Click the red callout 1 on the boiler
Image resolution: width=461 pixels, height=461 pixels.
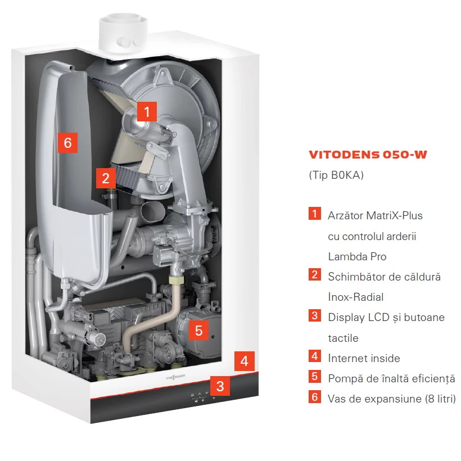(x=147, y=111)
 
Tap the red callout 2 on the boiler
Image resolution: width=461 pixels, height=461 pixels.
(x=106, y=178)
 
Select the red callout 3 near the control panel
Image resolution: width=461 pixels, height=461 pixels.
(x=220, y=386)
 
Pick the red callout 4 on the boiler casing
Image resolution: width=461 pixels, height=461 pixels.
(x=245, y=361)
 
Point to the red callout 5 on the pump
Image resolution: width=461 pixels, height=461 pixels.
(x=198, y=330)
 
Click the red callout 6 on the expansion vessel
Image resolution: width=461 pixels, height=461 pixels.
(x=67, y=143)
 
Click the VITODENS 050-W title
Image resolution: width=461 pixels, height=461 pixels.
(x=368, y=155)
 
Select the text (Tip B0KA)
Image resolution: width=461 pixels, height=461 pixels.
(x=336, y=175)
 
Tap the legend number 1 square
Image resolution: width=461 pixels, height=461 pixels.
(x=315, y=214)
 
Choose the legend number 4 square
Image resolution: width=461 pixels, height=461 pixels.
(x=315, y=356)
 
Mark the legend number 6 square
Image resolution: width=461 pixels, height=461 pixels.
(x=315, y=396)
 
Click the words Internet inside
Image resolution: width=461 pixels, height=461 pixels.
(x=364, y=358)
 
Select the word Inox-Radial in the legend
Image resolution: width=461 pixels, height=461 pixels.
(x=356, y=297)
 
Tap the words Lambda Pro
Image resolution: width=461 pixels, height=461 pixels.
(x=357, y=256)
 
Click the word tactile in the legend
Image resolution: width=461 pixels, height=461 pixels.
(x=343, y=338)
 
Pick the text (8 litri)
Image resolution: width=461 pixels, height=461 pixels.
(x=440, y=399)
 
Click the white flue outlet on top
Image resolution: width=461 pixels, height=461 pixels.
(x=123, y=33)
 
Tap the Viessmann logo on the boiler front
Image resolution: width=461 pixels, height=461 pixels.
(x=175, y=377)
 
